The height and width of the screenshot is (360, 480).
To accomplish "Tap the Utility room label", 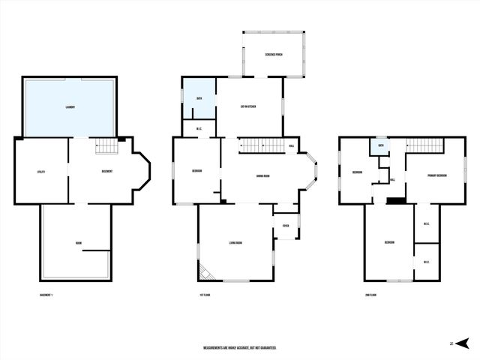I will pyautogui.click(x=41, y=172).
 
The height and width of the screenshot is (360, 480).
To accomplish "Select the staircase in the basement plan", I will pyautogui.click(x=109, y=145).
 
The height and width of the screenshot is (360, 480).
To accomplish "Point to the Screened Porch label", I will pyautogui.click(x=274, y=55).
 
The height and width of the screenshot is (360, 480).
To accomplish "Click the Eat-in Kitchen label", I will pyautogui.click(x=248, y=107).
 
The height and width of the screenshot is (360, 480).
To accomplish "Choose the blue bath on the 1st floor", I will pyautogui.click(x=199, y=98).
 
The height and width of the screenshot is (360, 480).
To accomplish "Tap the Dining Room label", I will pyautogui.click(x=262, y=176).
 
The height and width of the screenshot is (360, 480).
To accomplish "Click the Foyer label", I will pyautogui.click(x=286, y=225).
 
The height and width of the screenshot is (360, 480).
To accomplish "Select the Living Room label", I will pyautogui.click(x=235, y=242).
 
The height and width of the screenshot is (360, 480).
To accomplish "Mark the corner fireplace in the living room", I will pyautogui.click(x=205, y=271).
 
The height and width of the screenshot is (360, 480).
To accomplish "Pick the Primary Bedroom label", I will pyautogui.click(x=437, y=175).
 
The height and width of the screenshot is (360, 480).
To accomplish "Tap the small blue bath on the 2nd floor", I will pyautogui.click(x=381, y=145).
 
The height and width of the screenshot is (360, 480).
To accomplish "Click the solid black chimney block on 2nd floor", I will pyautogui.click(x=395, y=199).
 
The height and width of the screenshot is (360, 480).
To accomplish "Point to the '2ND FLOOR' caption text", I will pyautogui.click(x=370, y=295).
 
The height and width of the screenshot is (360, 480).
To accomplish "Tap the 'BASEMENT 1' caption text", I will pyautogui.click(x=46, y=295).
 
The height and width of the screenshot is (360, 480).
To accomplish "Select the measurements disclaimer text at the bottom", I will pyautogui.click(x=240, y=348).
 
